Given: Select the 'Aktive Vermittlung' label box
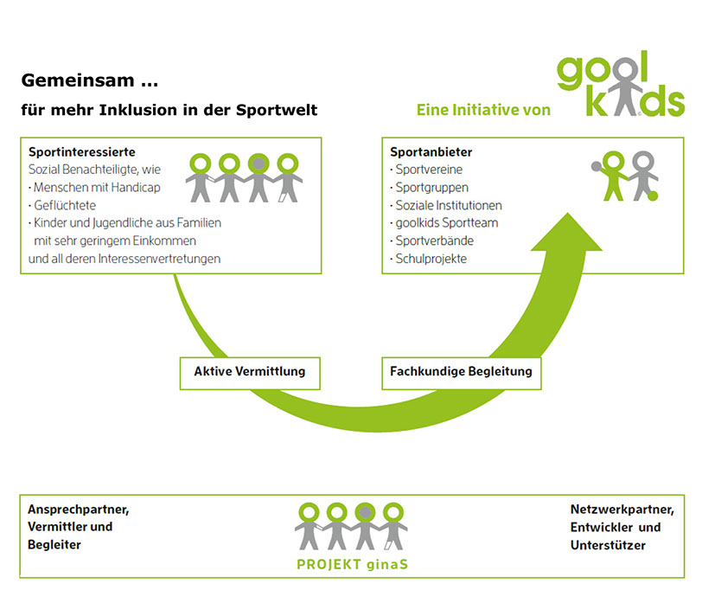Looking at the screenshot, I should point(249,373).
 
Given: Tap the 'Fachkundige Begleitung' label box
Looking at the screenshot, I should point(461,373).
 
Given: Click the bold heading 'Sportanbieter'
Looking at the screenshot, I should point(431,152).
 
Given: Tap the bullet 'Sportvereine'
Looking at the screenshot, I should point(431,170).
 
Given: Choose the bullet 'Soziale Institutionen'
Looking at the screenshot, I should point(449,205).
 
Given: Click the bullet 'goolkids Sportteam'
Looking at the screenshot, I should point(445,222).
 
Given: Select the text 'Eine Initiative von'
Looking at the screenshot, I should point(483,111).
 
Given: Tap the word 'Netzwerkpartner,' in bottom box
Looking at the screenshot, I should point(616,509).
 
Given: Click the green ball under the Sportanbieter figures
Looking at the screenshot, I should point(653,196).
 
